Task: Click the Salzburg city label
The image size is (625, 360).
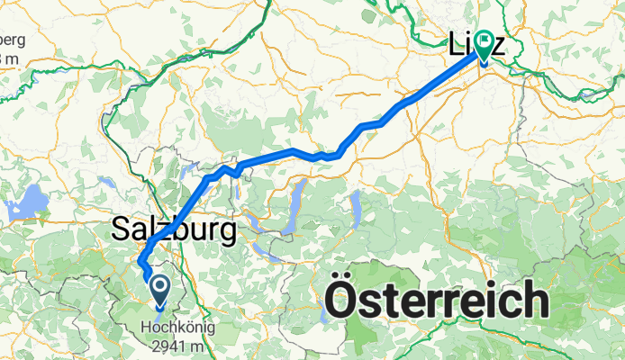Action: click(x=175, y=229)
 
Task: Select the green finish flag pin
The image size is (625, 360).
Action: click(x=484, y=45)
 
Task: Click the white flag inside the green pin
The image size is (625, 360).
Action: click(x=484, y=40)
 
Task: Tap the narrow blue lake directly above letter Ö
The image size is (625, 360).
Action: click(x=355, y=209)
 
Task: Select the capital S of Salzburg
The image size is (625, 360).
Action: click(x=122, y=229)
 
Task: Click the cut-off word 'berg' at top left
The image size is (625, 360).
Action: click(x=13, y=42)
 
